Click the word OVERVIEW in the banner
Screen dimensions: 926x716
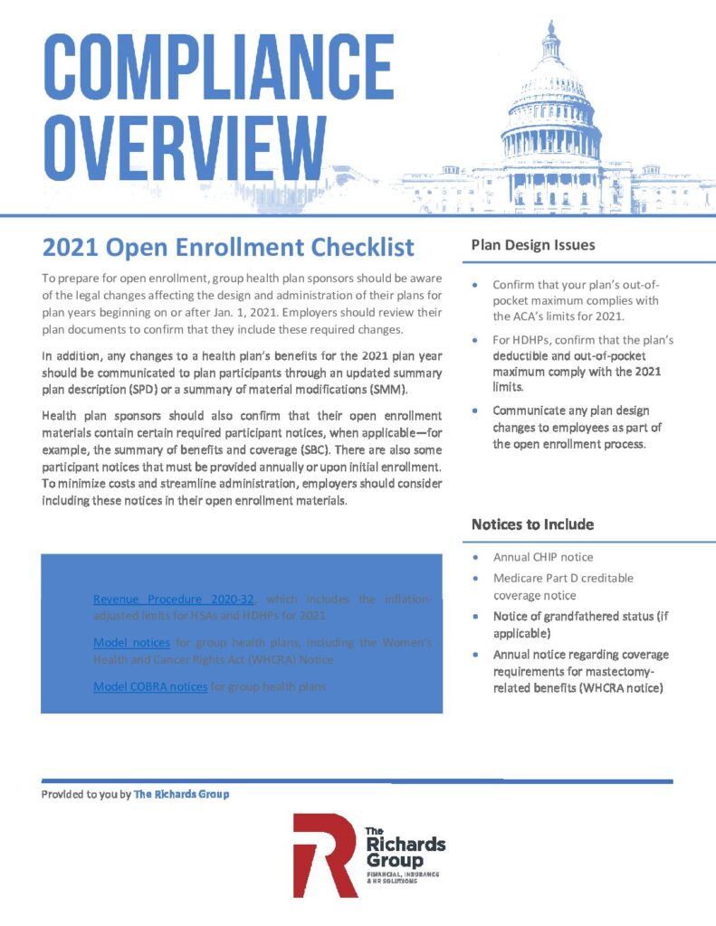click(172, 145)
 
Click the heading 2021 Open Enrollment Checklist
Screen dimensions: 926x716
click(228, 246)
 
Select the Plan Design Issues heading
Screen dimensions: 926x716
click(532, 245)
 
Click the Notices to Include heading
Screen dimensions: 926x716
click(532, 524)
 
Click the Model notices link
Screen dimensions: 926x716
click(131, 642)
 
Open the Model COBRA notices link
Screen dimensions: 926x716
click(150, 686)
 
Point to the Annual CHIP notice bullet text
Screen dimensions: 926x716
click(543, 557)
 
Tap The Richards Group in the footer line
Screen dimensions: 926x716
click(181, 794)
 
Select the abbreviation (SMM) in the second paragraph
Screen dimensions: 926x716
click(377, 390)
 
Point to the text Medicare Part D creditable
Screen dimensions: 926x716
click(563, 578)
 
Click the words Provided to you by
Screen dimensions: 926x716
click(85, 794)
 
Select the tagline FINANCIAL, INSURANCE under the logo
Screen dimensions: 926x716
click(402, 876)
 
